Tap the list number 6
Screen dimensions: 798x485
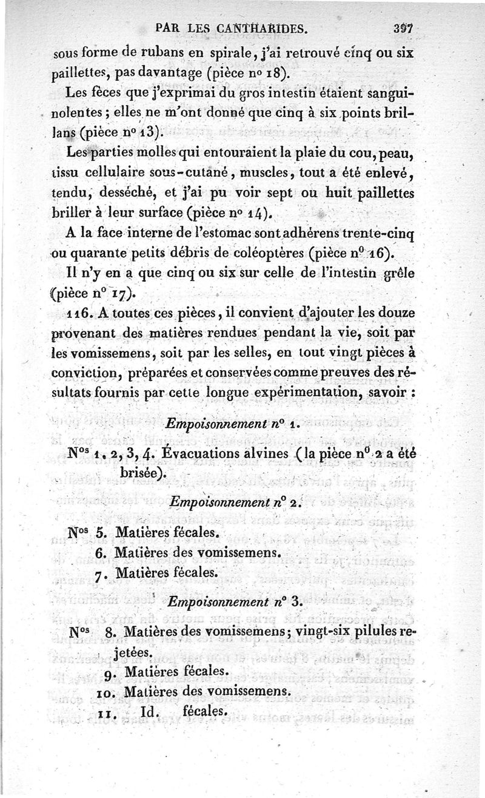tap(102, 553)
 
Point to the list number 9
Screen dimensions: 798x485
tap(110, 672)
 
